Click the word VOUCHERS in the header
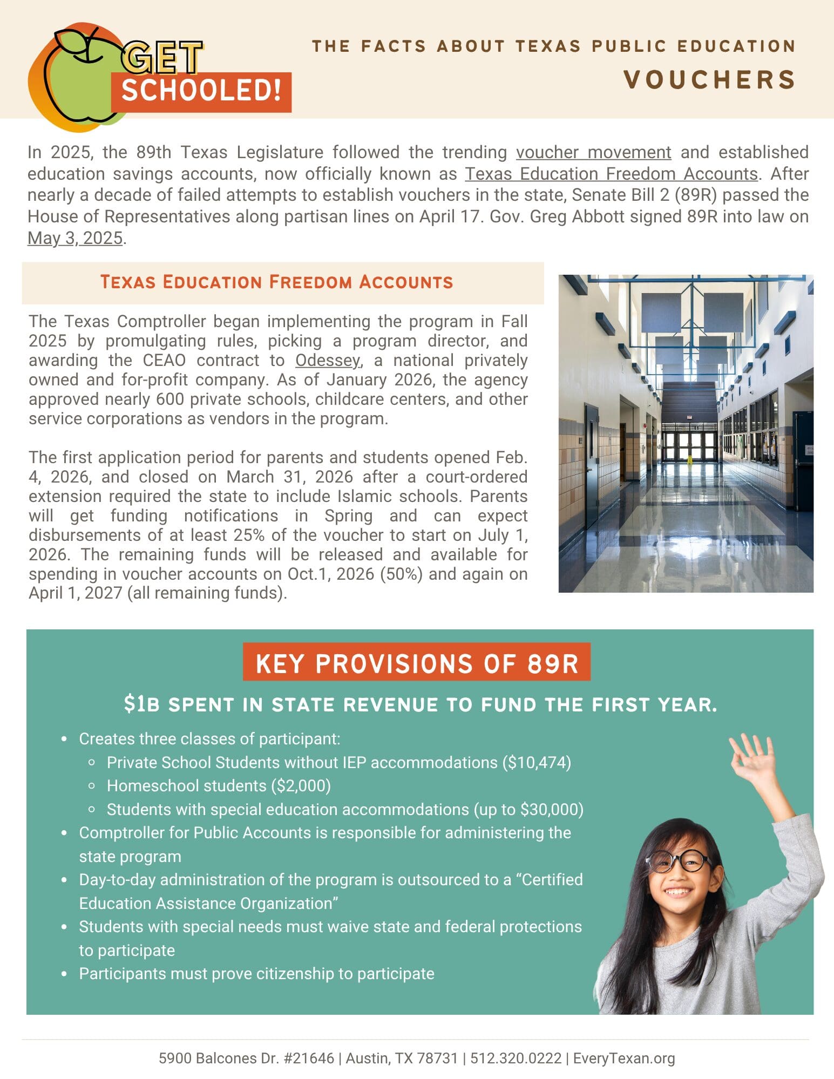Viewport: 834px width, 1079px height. (x=709, y=80)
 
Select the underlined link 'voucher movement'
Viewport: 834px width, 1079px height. (x=593, y=153)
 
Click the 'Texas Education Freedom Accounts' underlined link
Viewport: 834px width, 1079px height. (x=611, y=174)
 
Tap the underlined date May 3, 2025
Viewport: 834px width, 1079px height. (x=75, y=238)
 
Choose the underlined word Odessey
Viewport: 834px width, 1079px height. (x=327, y=361)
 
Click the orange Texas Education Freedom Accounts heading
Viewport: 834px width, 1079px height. (x=276, y=282)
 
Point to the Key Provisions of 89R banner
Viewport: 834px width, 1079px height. (x=416, y=663)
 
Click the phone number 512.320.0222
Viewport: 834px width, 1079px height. (x=516, y=1058)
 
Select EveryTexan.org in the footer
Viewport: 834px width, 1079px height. (x=623, y=1058)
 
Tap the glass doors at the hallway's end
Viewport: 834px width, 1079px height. (x=689, y=444)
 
